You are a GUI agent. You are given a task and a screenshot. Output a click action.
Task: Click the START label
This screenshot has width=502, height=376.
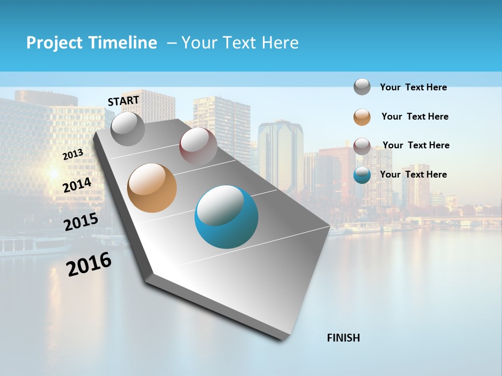point(123,101)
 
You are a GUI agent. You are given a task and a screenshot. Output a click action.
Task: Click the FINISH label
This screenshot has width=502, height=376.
point(344,338)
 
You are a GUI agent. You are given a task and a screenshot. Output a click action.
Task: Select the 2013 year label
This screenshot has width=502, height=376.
point(73,155)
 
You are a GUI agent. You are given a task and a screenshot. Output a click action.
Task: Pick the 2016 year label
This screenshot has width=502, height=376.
point(89,264)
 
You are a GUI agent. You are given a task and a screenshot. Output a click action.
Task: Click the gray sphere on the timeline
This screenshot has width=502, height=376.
point(128,128)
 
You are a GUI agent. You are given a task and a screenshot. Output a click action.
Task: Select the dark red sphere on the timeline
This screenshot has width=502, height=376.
point(198,146)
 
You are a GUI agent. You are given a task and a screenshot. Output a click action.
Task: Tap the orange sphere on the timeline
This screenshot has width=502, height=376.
point(152,188)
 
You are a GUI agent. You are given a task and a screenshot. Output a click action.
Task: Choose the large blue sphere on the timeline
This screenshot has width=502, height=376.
point(226,217)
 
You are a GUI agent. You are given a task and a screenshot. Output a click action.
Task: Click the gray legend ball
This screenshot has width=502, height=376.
point(362,87)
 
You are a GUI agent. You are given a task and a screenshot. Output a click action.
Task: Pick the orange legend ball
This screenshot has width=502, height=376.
point(362,117)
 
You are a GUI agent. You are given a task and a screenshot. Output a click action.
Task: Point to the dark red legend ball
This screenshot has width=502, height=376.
point(362,146)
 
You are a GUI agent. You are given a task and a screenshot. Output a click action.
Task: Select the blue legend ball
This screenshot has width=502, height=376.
point(362,175)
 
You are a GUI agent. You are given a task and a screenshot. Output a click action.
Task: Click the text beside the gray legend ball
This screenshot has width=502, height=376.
point(413,87)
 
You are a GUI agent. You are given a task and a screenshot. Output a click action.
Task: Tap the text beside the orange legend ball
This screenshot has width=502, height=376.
point(415,116)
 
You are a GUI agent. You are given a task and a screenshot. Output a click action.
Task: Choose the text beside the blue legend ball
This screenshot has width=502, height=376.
point(413,174)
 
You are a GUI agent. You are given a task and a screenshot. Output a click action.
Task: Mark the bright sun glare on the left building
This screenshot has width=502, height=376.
point(53,172)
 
